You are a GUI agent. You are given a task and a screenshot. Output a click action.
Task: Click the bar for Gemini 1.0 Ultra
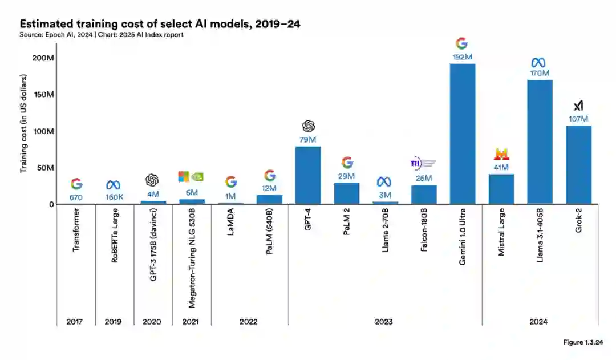[x=463, y=134]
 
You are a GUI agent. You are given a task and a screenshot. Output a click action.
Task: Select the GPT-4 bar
[x=308, y=175]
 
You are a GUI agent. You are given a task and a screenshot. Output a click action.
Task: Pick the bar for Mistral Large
[x=501, y=189]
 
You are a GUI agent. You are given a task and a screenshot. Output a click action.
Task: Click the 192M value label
[x=462, y=57]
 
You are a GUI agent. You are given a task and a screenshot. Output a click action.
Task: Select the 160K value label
[x=114, y=197]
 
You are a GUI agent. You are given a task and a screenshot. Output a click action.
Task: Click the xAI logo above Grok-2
[x=578, y=106]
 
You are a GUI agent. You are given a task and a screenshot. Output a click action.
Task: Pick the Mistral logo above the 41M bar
[x=501, y=153]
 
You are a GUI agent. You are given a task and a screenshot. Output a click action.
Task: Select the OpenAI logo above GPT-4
[x=308, y=126]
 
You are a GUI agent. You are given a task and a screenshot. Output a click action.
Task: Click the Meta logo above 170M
[x=540, y=62]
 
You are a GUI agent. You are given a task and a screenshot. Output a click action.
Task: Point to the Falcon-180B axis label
[x=424, y=234]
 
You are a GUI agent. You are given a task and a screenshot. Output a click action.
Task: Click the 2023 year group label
[x=384, y=322]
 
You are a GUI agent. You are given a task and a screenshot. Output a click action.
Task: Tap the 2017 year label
[x=74, y=322]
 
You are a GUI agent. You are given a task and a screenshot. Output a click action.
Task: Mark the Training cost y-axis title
[x=23, y=124]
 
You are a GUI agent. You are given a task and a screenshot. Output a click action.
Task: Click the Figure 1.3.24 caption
[x=582, y=342]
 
